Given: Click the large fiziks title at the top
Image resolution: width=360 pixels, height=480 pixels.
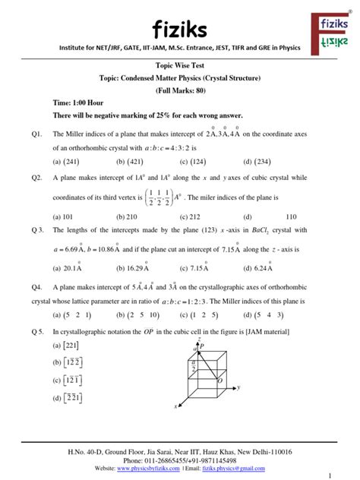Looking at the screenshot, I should click(x=180, y=30).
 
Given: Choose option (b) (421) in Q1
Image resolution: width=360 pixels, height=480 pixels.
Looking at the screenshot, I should click(x=131, y=161).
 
